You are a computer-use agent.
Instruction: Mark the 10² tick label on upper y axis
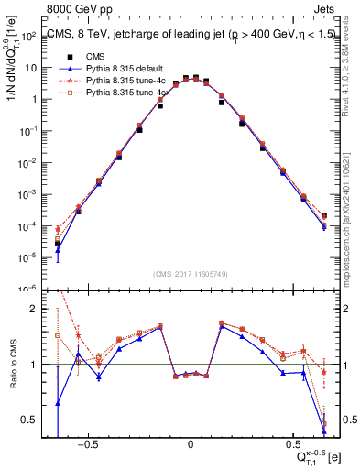(x=27, y=36)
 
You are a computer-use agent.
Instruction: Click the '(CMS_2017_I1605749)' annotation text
(x=191, y=274)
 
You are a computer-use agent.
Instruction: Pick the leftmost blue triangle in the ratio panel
(x=58, y=402)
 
